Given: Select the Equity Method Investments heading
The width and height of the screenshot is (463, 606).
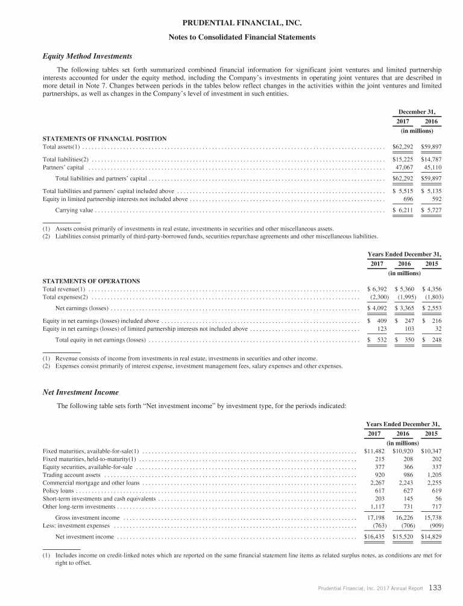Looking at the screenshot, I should pyautogui.click(x=87, y=56).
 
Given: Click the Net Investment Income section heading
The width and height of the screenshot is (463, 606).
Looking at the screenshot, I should pyautogui.click(x=80, y=392).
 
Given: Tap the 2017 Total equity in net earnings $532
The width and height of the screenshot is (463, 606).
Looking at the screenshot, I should pyautogui.click(x=376, y=340).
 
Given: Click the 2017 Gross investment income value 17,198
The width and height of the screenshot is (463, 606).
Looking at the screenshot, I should pyautogui.click(x=378, y=518).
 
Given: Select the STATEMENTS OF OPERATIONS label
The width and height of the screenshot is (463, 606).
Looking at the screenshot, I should pyautogui.click(x=91, y=281).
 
